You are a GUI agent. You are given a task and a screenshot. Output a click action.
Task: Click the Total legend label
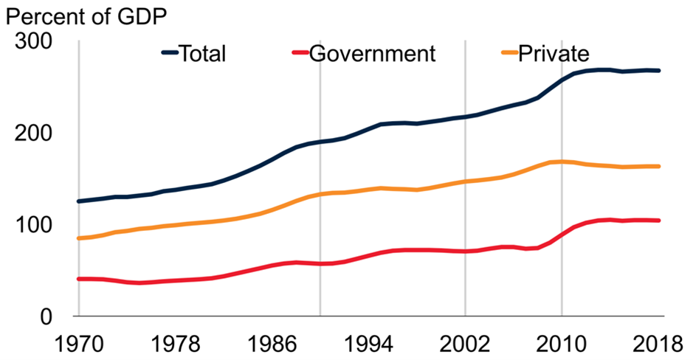203,54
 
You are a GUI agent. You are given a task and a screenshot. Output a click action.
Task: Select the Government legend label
373,54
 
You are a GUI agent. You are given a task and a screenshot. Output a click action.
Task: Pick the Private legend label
554,54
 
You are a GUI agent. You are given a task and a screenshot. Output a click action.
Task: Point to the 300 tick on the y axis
32,42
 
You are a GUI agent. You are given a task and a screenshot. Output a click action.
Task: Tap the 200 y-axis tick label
32,134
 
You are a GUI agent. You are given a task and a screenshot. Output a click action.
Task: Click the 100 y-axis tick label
32,225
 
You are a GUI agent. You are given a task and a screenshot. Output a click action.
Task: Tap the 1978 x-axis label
174,343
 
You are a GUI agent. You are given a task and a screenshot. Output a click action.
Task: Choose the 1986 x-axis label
271,343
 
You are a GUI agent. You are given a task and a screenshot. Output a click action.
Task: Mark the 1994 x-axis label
368,343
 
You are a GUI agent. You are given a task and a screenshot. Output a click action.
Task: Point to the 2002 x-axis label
465,343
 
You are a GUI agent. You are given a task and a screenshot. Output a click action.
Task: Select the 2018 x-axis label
658,343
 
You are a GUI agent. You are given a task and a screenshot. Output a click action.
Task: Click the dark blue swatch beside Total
170,53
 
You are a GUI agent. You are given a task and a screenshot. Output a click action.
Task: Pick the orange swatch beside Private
508,53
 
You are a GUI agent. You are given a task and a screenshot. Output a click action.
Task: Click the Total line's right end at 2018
659,71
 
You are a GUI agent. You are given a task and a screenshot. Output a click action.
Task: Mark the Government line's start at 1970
78,279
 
